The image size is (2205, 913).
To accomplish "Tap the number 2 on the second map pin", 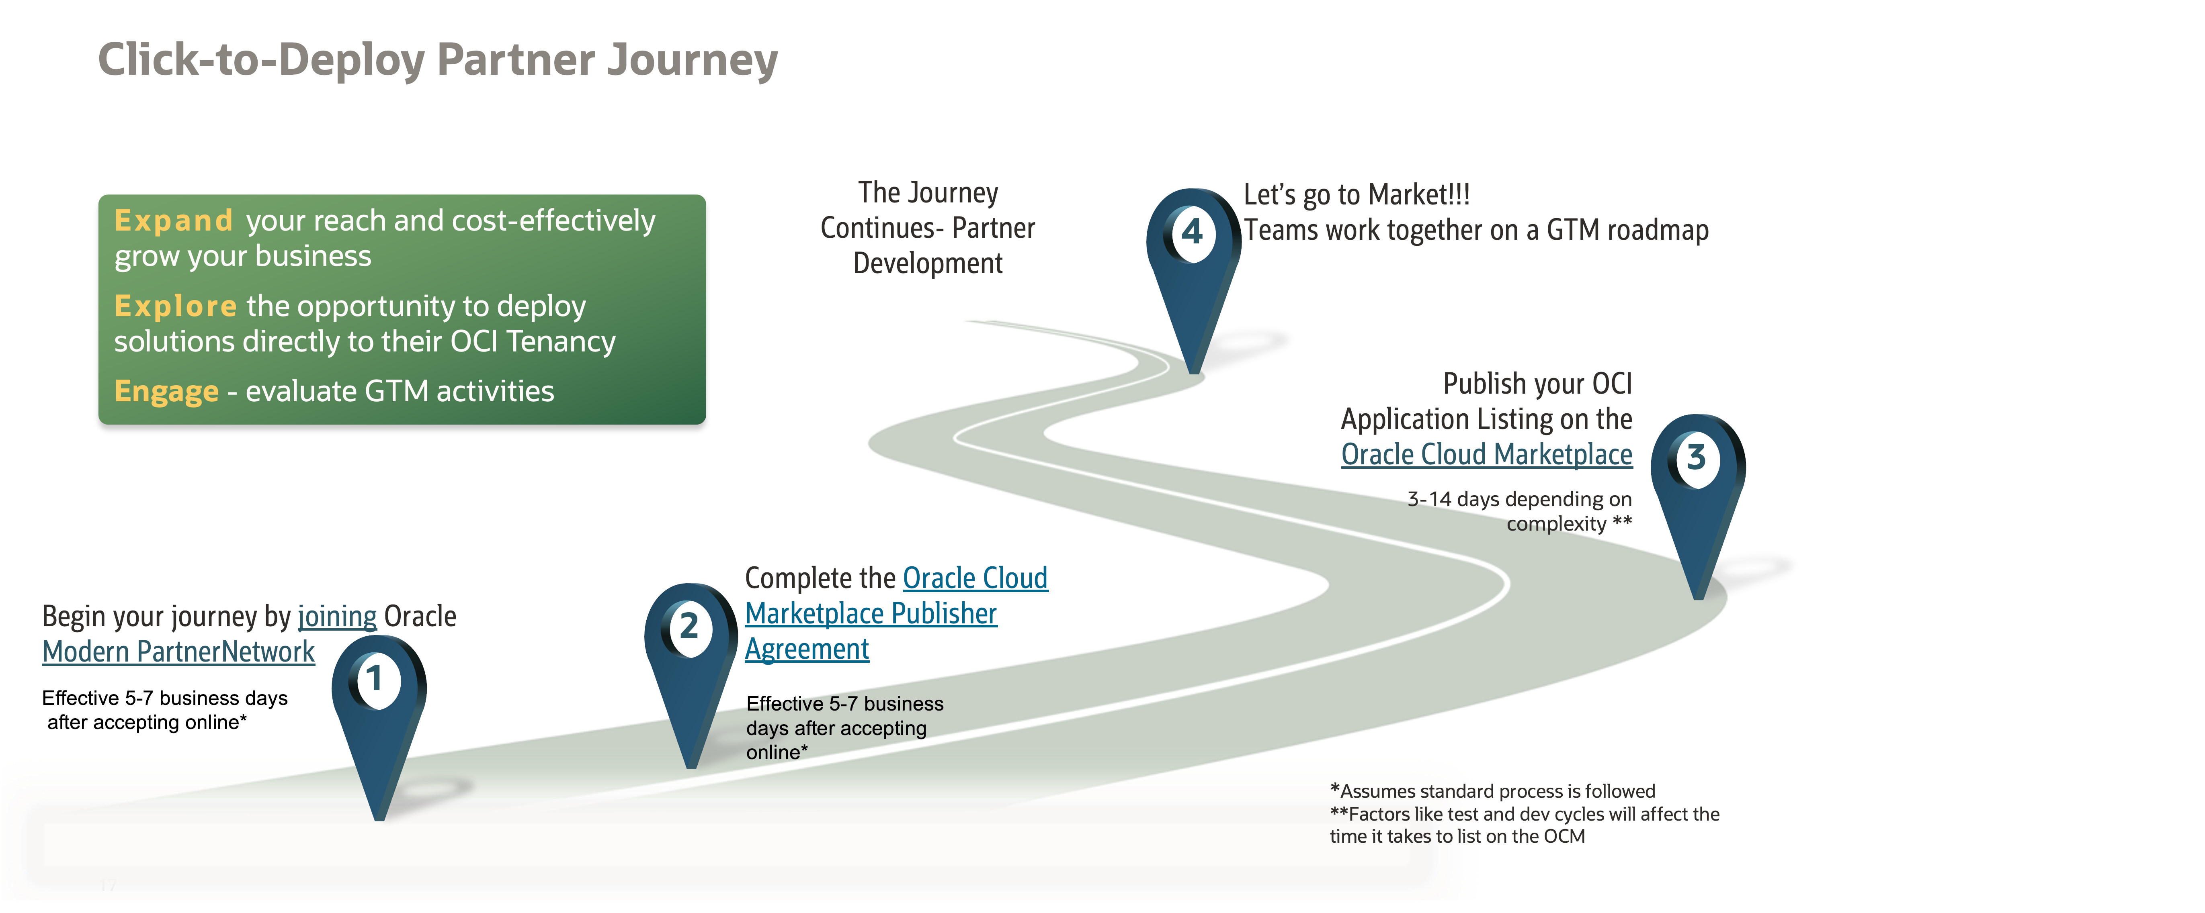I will coord(689,626).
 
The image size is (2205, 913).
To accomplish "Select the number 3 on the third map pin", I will coord(1696,458).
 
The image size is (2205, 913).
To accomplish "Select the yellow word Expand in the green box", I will coord(174,221).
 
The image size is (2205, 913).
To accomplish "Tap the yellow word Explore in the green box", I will coord(176,306).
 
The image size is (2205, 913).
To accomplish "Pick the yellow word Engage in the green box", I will coord(167,392).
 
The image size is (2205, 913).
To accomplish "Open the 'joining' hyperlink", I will coord(337,617).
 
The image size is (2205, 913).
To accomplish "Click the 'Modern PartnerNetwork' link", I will coord(178,652).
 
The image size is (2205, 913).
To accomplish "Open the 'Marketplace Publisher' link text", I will coord(871,613).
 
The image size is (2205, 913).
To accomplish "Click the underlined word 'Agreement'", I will coord(806,650).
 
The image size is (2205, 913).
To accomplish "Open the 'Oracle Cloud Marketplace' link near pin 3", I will coord(1486,454).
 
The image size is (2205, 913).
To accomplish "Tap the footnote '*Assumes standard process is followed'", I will coord(1493,792).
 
